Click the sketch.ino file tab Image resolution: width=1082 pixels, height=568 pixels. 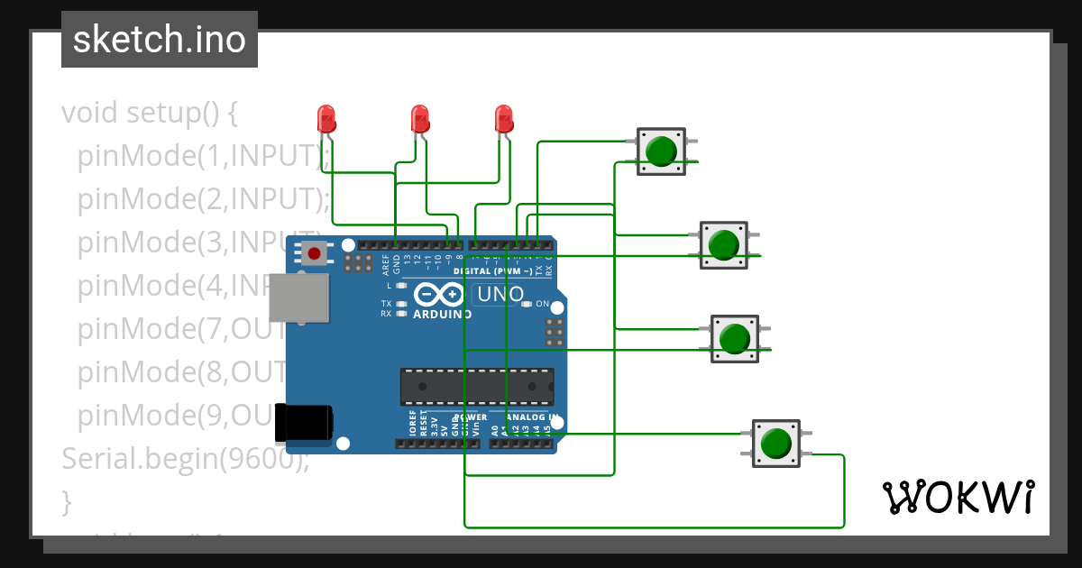pyautogui.click(x=160, y=40)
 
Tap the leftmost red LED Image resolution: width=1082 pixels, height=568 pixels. pyautogui.click(x=326, y=118)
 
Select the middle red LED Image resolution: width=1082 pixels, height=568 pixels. pyautogui.click(x=419, y=118)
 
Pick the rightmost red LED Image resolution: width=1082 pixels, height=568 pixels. pyautogui.click(x=504, y=118)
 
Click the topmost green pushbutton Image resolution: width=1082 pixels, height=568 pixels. pyautogui.click(x=662, y=151)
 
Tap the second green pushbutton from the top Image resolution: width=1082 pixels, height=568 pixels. pyautogui.click(x=723, y=244)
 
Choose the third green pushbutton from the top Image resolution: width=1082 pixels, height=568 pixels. pyautogui.click(x=735, y=338)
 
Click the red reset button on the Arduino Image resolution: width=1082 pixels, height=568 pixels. pyautogui.click(x=314, y=254)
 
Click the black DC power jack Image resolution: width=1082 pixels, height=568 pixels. pyautogui.click(x=304, y=423)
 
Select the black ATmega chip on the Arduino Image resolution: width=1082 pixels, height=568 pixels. pyautogui.click(x=477, y=386)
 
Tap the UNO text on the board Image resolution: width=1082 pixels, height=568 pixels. pyautogui.click(x=500, y=294)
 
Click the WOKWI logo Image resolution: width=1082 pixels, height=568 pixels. pyautogui.click(x=958, y=497)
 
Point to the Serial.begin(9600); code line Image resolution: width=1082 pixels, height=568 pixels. pyautogui.click(x=185, y=459)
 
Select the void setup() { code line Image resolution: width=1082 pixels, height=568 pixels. pyautogui.click(x=149, y=113)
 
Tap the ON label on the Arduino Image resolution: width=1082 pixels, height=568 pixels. pyautogui.click(x=543, y=304)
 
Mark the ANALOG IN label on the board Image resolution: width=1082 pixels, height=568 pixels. pyautogui.click(x=533, y=418)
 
